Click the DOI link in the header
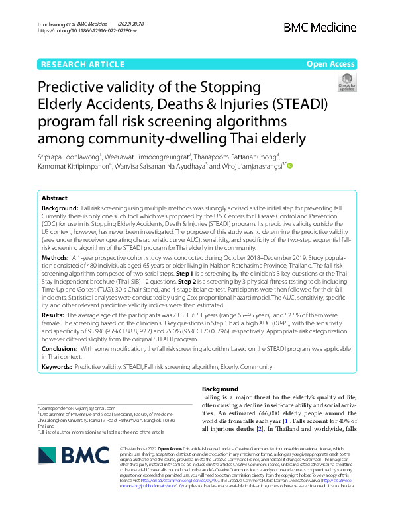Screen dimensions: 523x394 [87, 31]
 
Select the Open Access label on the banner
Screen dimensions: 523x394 [330, 64]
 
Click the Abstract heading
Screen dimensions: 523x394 [54, 198]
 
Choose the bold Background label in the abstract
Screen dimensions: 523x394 [60, 208]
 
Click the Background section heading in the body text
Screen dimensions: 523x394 [219, 389]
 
